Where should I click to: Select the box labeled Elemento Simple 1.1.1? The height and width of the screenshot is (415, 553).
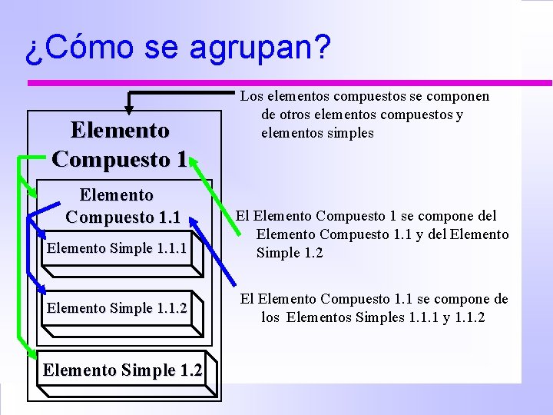click(117, 249)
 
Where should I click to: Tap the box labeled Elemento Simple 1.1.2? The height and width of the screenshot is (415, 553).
click(117, 309)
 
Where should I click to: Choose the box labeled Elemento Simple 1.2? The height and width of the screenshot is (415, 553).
click(123, 370)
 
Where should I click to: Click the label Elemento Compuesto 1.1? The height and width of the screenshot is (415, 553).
click(122, 207)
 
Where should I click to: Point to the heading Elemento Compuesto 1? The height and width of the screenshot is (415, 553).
click(119, 145)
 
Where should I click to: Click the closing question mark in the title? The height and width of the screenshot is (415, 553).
click(322, 47)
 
